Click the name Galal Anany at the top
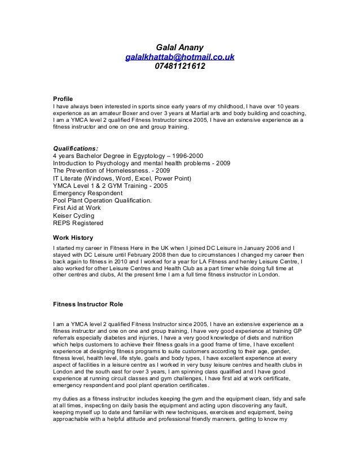coord(179,47)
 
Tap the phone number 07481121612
coord(179,68)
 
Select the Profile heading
coord(62,98)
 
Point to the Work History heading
coord(72,238)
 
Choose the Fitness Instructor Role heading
coord(87,304)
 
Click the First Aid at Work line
coord(76,208)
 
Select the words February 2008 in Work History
coord(126,255)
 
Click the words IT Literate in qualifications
coord(69,178)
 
